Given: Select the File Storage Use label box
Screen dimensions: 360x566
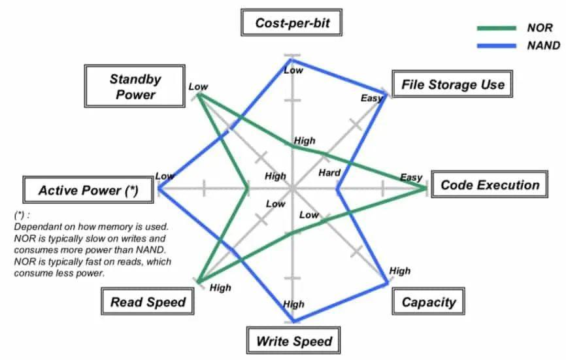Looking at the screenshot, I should pyautogui.click(x=452, y=84).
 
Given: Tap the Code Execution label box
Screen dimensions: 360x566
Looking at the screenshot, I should pyautogui.click(x=490, y=185).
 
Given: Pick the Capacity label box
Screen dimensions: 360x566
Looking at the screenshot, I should pyautogui.click(x=428, y=302).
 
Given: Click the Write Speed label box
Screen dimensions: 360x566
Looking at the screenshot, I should pyautogui.click(x=293, y=340).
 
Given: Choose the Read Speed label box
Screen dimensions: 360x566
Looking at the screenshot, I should pyautogui.click(x=148, y=302).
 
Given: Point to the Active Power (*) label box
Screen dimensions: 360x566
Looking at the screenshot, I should pyautogui.click(x=88, y=190).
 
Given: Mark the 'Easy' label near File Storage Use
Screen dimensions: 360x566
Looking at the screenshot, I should pyautogui.click(x=371, y=98).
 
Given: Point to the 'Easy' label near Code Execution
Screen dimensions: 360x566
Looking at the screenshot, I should pyautogui.click(x=411, y=178).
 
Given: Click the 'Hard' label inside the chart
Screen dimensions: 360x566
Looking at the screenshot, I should pyautogui.click(x=329, y=172).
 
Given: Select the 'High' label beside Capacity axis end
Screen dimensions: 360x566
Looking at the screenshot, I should pyautogui.click(x=399, y=270).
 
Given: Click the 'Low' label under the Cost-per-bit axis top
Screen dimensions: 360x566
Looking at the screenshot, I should pyautogui.click(x=293, y=70).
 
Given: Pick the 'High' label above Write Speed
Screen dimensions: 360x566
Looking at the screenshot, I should pyautogui.click(x=293, y=304).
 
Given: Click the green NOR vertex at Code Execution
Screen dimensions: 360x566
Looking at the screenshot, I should pyautogui.click(x=425, y=189).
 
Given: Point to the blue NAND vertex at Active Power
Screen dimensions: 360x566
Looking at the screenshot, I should pyautogui.click(x=159, y=188).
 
